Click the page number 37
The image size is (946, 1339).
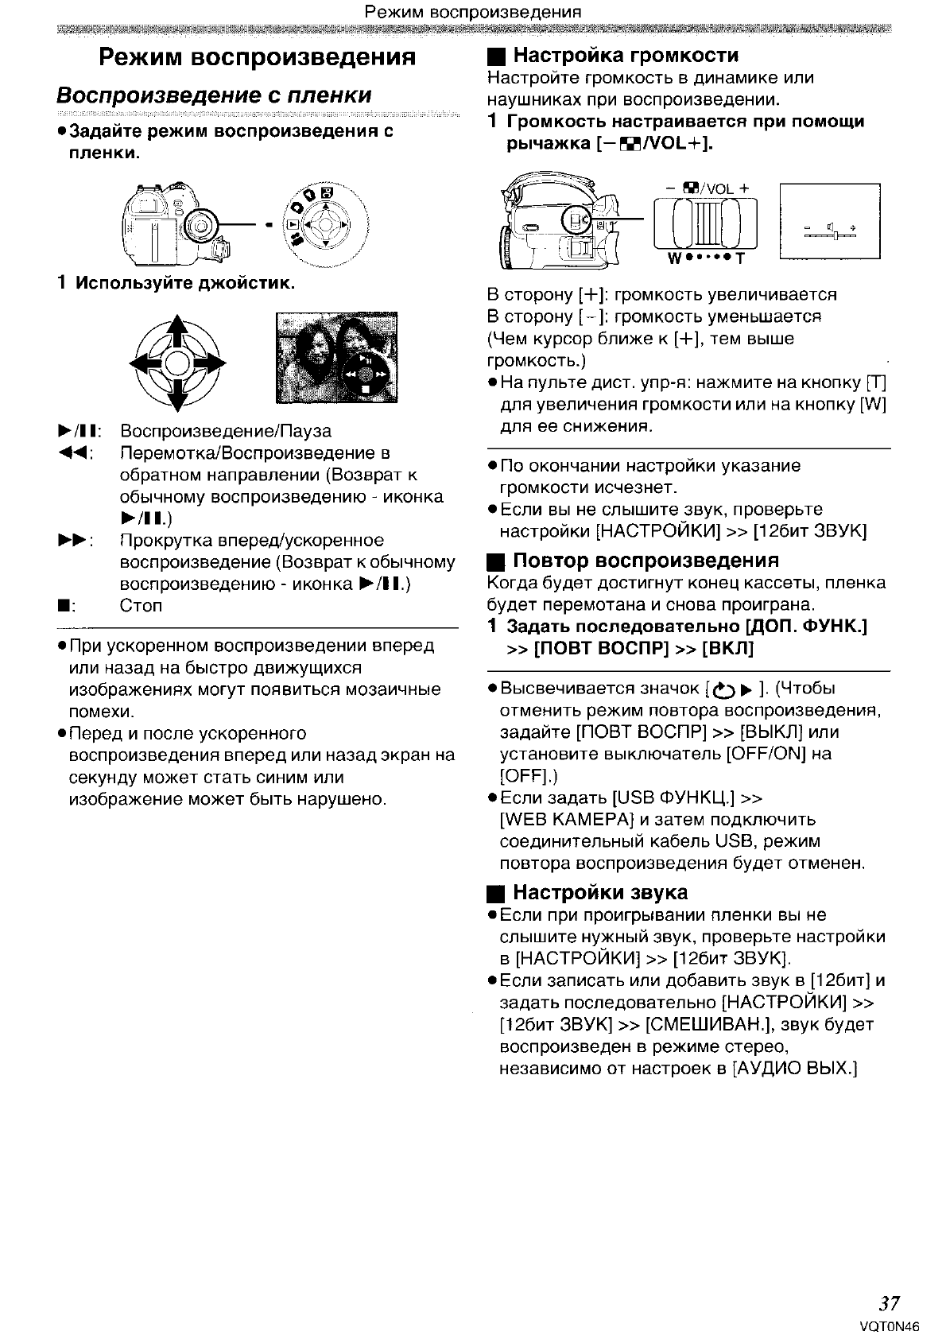890,1302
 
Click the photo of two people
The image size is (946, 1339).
335,359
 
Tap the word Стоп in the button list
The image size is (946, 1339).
141,606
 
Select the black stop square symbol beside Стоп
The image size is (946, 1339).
60,607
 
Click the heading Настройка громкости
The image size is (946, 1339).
626,56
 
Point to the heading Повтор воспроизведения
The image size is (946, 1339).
646,561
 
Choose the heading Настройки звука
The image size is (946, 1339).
600,892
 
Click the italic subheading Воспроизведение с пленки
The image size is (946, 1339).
214,95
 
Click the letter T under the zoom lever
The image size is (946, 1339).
740,259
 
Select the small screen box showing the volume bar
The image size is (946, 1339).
830,221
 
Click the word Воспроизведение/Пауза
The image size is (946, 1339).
226,432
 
